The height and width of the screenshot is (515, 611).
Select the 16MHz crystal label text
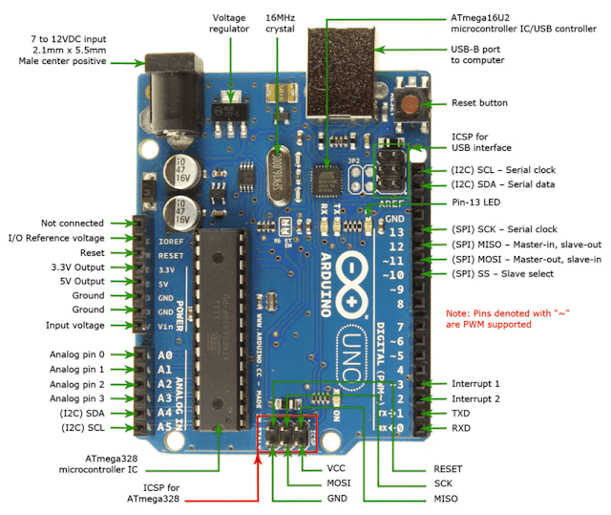[281, 23]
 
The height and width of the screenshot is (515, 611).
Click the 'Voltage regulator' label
[229, 23]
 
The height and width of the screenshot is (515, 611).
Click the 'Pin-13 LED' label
[478, 204]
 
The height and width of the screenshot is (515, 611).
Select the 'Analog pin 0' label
[77, 354]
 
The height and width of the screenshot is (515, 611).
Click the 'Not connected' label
[74, 222]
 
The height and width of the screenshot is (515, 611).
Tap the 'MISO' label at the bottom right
[445, 499]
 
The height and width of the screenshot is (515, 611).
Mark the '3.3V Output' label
[75, 267]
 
